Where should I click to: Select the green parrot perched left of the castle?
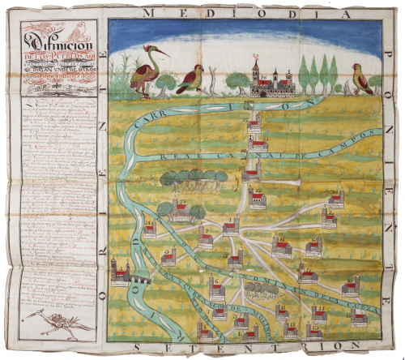(x=190, y=79)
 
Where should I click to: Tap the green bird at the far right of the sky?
(x=362, y=79)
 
